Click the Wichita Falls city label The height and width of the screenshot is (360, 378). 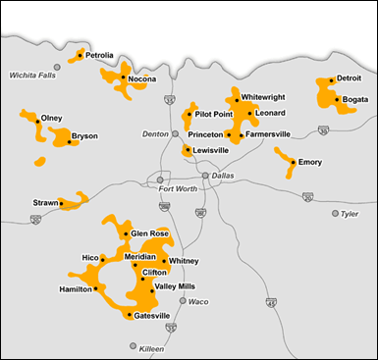30,75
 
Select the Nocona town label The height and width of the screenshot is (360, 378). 142,78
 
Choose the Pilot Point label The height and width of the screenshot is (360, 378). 213,114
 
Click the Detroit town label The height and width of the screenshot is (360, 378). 349,78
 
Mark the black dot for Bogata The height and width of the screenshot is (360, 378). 337,99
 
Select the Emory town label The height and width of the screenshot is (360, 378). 310,162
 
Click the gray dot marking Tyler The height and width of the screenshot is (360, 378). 335,213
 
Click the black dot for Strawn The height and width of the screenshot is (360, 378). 62,204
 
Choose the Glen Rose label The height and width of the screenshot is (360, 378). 150,233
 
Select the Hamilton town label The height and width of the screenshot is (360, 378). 76,289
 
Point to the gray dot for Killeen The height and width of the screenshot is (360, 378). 134,346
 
